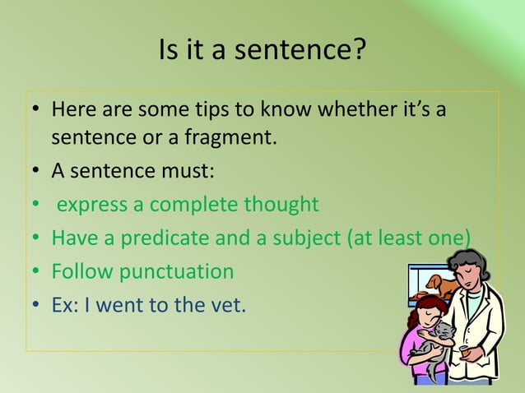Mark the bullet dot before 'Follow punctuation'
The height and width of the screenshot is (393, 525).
pos(36,272)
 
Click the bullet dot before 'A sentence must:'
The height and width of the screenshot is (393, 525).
pos(36,172)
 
